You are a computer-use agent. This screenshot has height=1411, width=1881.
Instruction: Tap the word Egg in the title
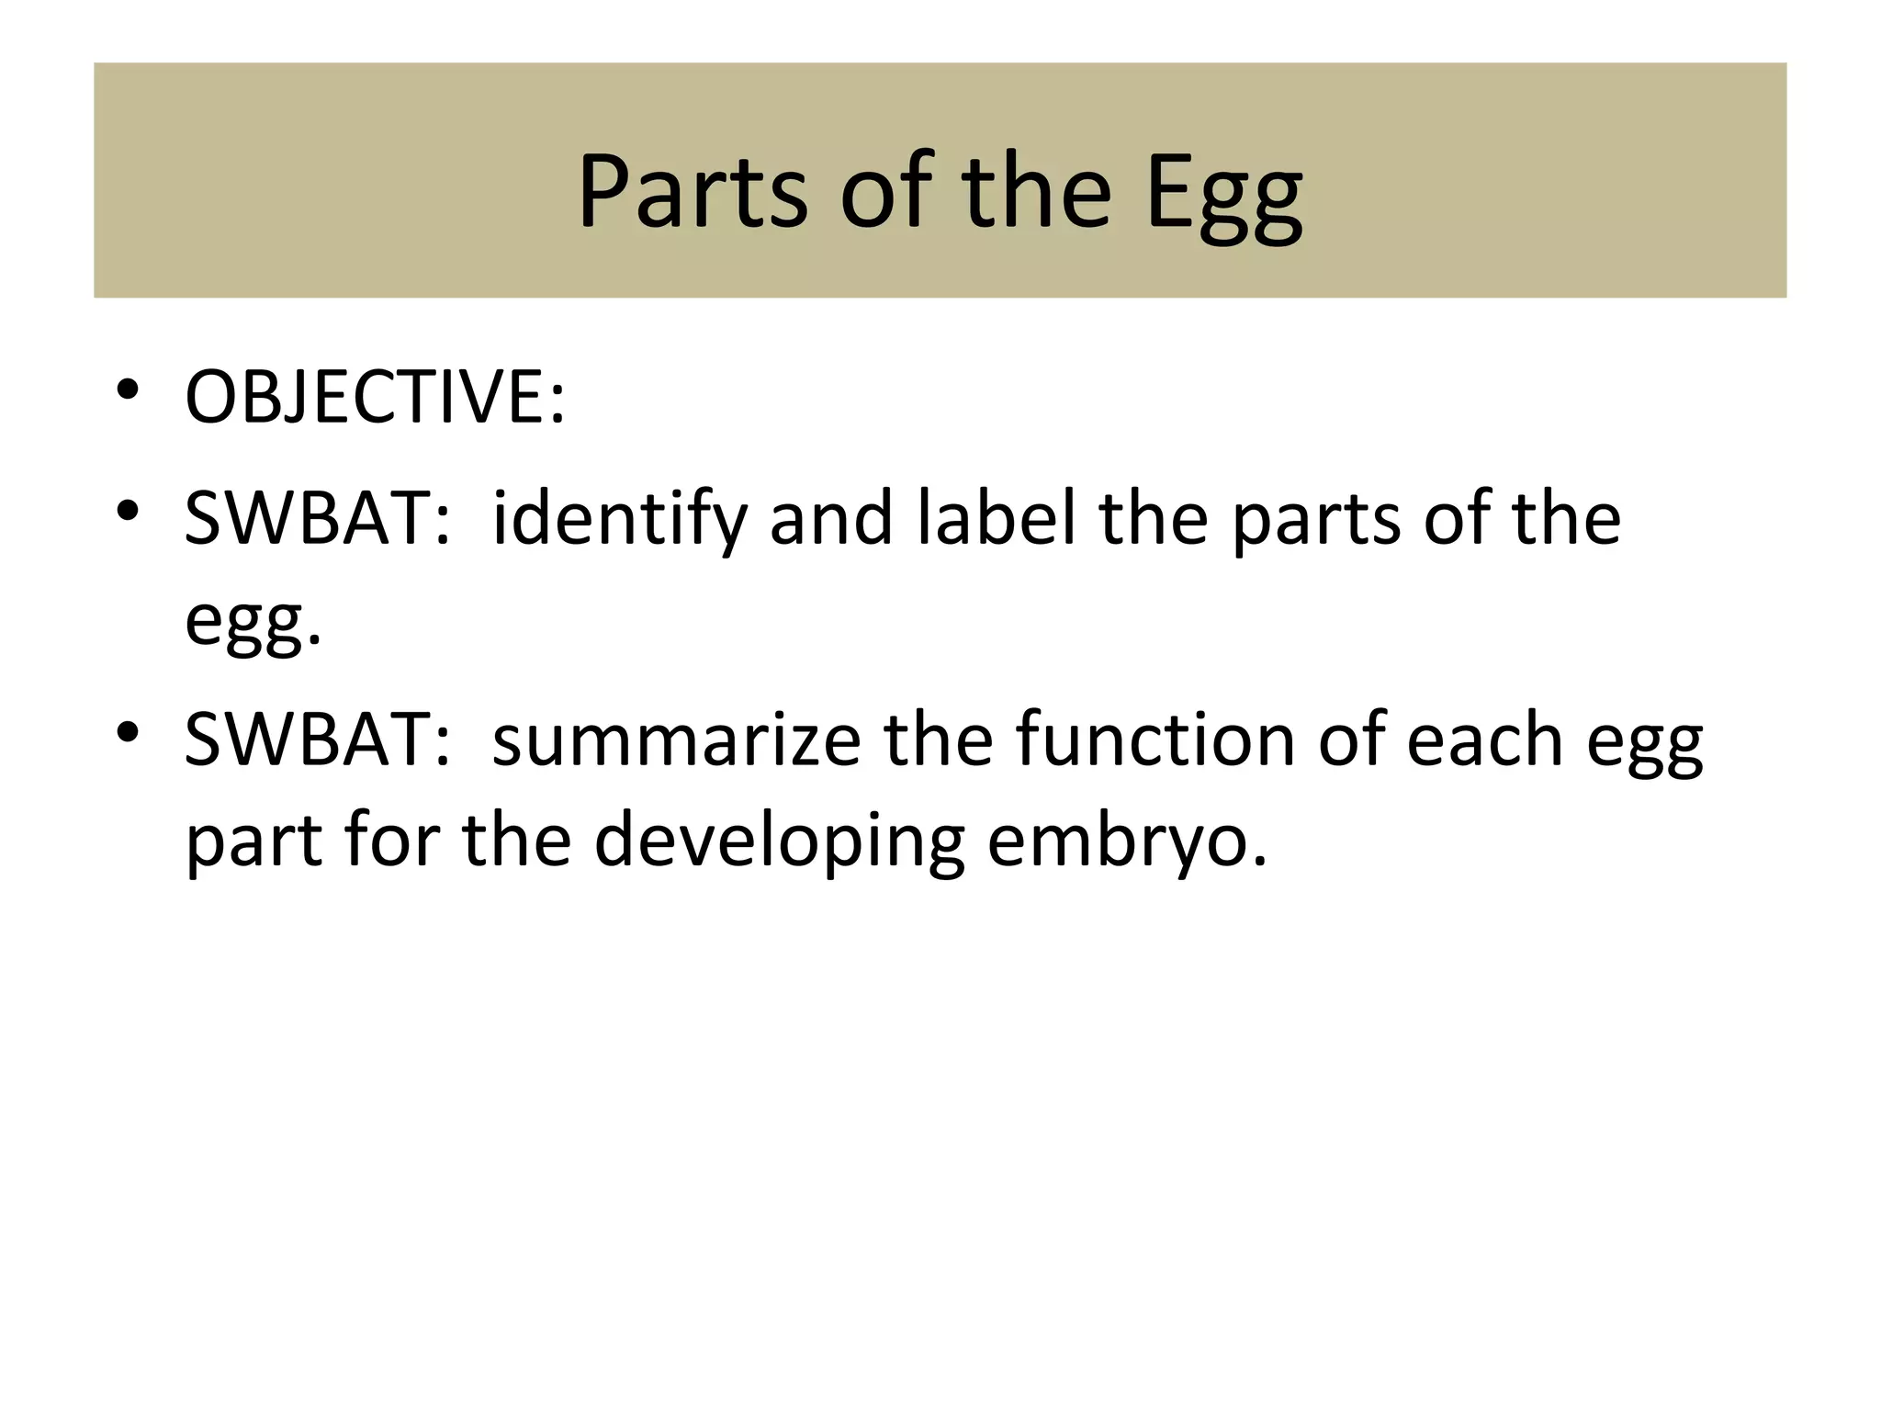point(1223,196)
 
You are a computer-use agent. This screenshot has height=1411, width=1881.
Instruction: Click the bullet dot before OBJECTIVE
point(128,389)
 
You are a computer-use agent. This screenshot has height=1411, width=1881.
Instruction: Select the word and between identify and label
point(831,519)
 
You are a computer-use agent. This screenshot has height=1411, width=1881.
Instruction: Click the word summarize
point(676,742)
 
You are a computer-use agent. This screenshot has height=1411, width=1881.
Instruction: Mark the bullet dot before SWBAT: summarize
point(128,731)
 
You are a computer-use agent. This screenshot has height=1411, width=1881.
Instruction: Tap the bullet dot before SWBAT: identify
point(128,510)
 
